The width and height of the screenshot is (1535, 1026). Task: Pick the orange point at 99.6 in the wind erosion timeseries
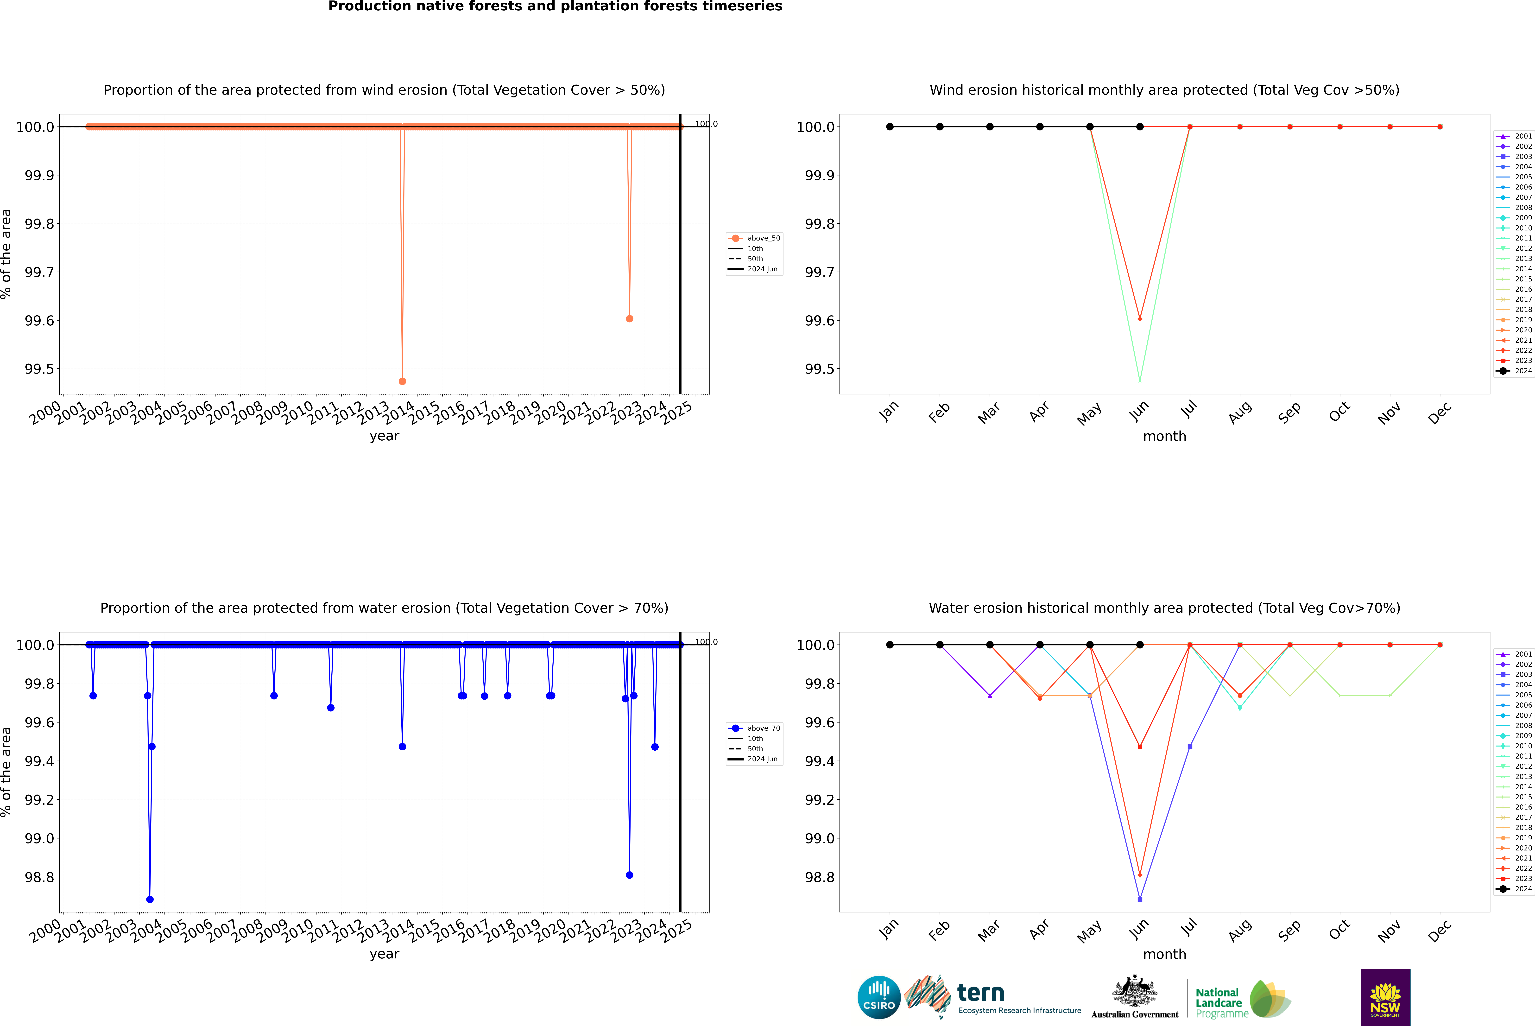[x=629, y=319]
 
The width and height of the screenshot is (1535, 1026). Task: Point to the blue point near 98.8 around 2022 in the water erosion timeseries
[x=629, y=875]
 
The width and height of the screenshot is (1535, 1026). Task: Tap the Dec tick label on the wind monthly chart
[x=1439, y=413]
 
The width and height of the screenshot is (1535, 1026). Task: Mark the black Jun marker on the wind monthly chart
[x=1140, y=127]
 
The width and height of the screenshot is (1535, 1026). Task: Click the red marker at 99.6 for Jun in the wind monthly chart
[x=1140, y=319]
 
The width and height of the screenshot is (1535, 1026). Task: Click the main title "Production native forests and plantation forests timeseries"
[x=555, y=6]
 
